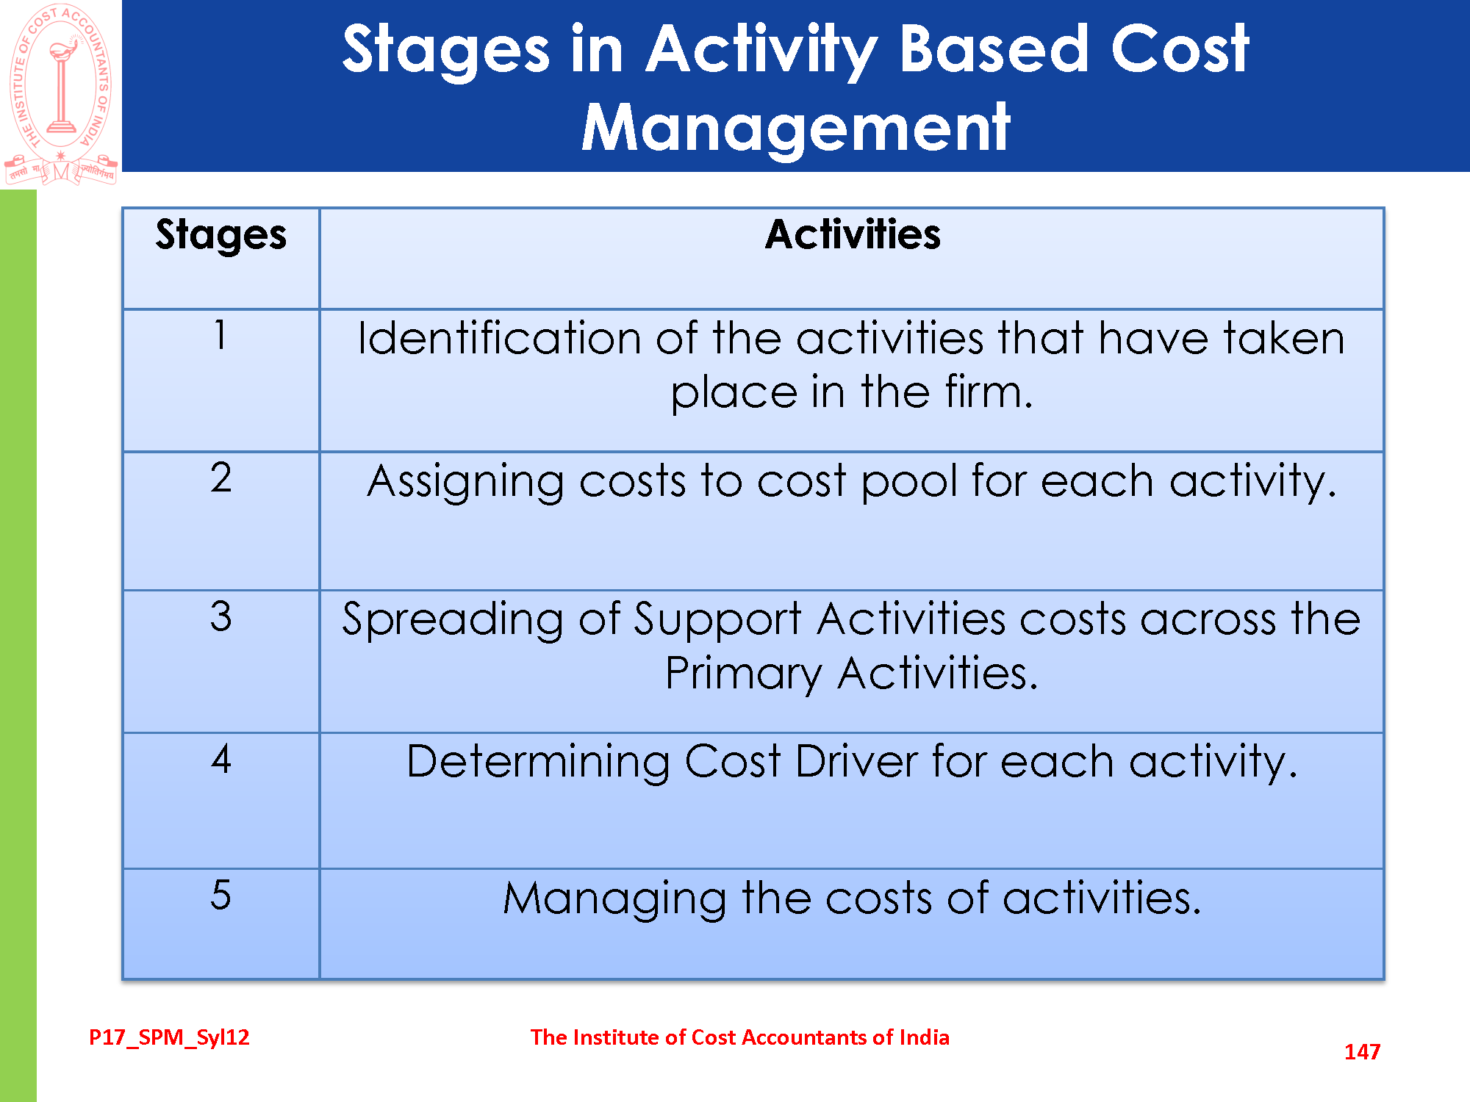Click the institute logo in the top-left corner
point(61,93)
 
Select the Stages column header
point(220,236)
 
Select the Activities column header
point(853,234)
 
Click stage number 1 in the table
point(220,334)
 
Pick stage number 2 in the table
point(220,478)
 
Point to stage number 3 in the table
point(220,616)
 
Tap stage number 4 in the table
point(220,758)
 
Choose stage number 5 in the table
point(220,895)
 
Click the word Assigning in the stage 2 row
point(465,483)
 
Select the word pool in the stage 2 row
point(909,483)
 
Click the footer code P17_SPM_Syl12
point(169,1037)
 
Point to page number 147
point(1362,1052)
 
